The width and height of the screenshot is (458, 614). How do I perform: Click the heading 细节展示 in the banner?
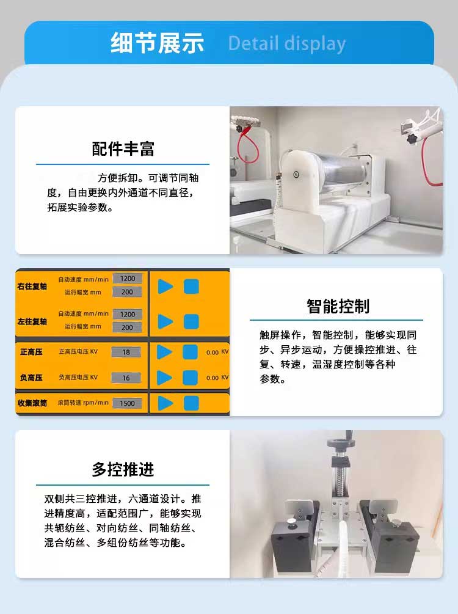157,43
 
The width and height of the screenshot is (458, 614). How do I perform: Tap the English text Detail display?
287,43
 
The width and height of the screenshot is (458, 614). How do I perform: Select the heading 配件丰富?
123,149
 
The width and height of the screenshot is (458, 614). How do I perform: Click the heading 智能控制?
338,306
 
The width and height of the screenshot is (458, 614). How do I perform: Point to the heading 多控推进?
123,469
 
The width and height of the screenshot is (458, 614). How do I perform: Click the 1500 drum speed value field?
127,403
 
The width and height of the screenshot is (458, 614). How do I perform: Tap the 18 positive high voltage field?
126,352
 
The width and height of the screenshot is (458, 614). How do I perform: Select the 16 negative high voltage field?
126,378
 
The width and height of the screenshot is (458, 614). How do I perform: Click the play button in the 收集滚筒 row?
165,403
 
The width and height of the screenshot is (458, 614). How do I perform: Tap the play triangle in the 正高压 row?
164,352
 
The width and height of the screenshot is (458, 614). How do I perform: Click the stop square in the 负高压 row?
191,378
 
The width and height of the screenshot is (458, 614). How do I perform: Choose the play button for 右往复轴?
165,287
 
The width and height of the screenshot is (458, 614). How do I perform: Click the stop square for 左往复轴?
191,321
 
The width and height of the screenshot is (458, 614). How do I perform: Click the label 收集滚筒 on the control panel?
32,403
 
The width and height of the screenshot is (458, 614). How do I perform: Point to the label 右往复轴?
32,287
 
